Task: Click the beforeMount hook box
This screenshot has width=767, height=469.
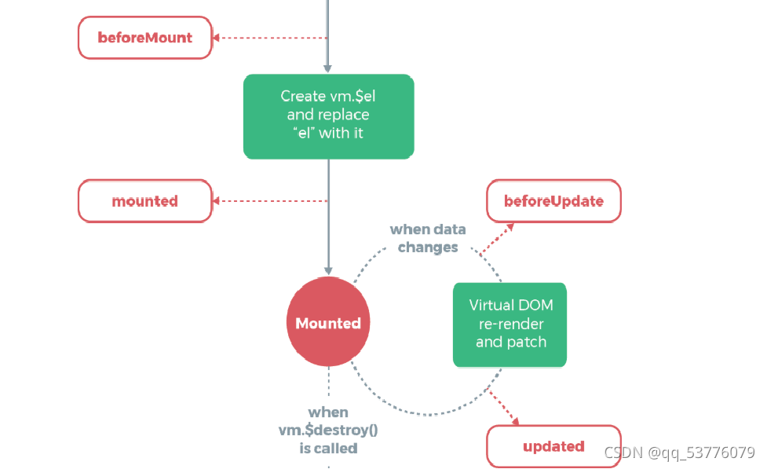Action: [145, 38]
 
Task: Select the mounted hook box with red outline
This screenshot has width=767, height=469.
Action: [145, 201]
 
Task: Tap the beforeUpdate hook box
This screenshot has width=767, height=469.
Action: [553, 201]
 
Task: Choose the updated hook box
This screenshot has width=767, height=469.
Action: [553, 446]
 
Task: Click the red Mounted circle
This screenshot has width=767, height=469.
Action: [328, 323]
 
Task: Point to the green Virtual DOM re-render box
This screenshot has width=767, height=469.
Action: [510, 324]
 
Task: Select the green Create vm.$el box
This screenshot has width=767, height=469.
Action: [328, 115]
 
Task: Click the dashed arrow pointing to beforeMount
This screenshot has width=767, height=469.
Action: [271, 38]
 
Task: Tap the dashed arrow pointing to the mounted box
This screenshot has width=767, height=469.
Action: [271, 201]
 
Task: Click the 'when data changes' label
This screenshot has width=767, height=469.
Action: [428, 238]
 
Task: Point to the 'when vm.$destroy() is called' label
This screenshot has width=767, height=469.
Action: [328, 430]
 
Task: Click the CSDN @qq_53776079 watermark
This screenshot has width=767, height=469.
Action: [679, 453]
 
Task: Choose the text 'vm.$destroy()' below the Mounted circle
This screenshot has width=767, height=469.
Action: [328, 430]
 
